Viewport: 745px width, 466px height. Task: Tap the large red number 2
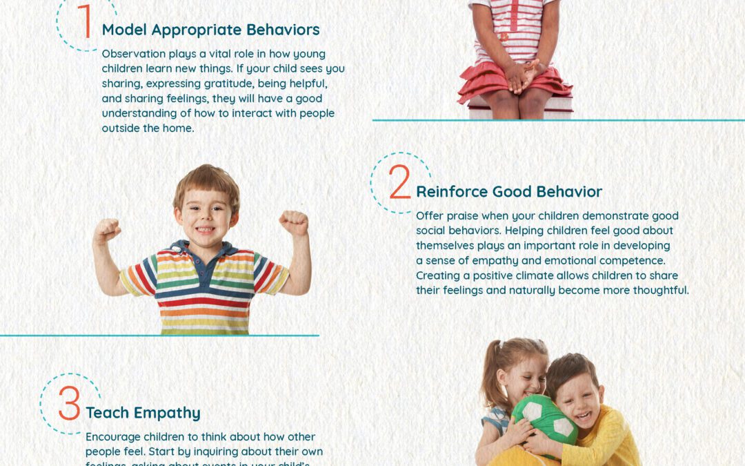point(399,183)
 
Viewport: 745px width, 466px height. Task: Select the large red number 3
point(69,405)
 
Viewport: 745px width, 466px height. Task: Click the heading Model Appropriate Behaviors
point(210,30)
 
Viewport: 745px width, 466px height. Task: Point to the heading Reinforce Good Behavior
point(509,191)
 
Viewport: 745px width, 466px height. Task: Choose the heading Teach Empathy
point(143,413)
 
